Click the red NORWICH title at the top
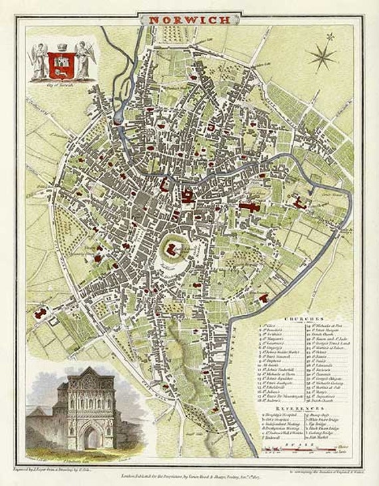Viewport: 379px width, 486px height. point(189,19)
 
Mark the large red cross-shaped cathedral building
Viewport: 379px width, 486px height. point(251,207)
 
